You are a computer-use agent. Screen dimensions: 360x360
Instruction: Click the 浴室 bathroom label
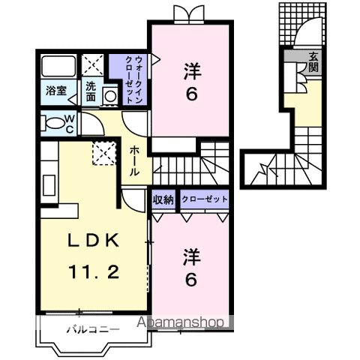point(56,91)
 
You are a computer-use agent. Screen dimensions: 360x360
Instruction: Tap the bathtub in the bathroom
point(58,66)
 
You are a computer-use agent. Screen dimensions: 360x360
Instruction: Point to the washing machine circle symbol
point(110,96)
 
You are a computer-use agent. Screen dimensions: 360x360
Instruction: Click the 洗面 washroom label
point(91,91)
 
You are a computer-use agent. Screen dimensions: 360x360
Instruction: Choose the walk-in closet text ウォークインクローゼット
point(134,80)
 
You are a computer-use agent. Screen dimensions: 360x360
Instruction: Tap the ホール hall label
point(134,161)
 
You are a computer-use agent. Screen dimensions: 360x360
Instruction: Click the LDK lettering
point(94,241)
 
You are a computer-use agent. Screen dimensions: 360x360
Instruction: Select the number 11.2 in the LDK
point(94,272)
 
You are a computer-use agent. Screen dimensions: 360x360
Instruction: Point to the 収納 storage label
point(163,199)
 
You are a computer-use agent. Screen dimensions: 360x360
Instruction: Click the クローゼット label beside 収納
point(205,199)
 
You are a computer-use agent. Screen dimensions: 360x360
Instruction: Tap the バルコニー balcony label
point(93,330)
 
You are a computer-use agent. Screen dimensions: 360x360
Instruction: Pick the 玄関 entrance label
point(313,62)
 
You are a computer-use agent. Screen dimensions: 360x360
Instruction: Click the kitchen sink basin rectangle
point(49,185)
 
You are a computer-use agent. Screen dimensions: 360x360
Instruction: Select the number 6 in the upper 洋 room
point(191,94)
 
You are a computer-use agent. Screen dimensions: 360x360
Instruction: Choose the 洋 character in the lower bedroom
point(192,256)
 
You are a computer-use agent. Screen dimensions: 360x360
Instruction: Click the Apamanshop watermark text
point(180,322)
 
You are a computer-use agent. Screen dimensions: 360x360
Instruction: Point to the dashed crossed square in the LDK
point(104,153)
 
